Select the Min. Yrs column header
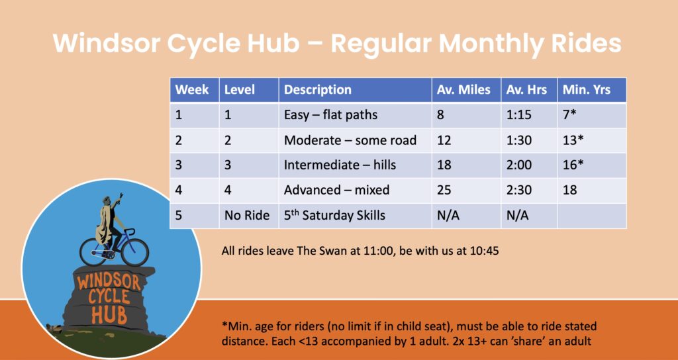[x=592, y=90]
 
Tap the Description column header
[x=355, y=90]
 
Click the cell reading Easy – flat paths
[x=355, y=115]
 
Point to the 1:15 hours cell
[x=529, y=115]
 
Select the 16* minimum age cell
[x=592, y=165]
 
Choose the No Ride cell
[x=249, y=215]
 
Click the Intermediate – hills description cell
[x=355, y=165]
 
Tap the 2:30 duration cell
[x=529, y=190]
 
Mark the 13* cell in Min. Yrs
[x=592, y=140]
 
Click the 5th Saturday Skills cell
[x=355, y=215]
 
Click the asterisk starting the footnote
[x=224, y=324]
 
